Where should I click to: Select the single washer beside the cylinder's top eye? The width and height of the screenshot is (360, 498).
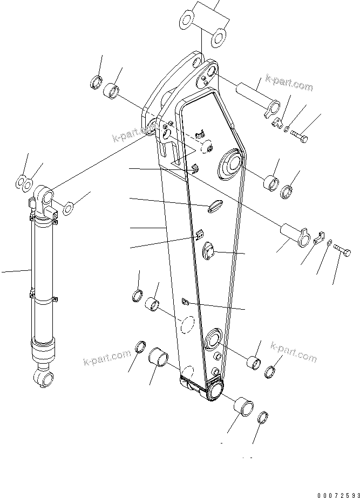70,206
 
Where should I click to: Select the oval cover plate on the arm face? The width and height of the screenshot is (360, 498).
214,204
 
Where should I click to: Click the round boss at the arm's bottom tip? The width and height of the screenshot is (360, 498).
215,389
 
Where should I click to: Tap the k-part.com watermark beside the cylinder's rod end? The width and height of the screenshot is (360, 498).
107,358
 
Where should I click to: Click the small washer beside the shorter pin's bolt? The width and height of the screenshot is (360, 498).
329,244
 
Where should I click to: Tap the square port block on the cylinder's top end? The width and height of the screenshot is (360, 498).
51,211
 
